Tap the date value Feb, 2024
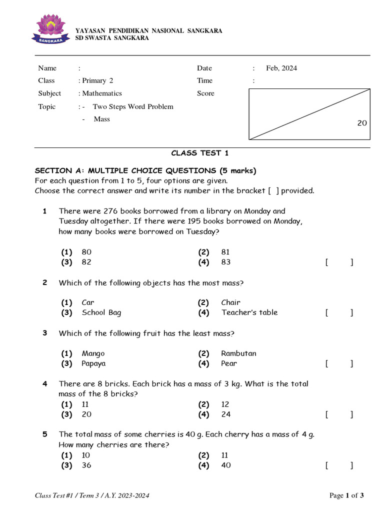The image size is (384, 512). coord(281,68)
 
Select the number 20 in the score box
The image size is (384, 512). coord(362,123)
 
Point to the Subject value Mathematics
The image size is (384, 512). coord(101,93)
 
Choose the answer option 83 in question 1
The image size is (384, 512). coord(225,262)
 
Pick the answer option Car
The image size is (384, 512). coord(88,302)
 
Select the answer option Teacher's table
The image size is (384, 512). coord(249,312)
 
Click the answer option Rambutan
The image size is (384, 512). coord(238,353)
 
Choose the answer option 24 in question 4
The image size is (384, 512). coord(226,414)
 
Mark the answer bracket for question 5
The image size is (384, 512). coord(339,465)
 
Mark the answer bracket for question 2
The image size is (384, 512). coord(339,312)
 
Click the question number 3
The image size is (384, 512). coord(45,333)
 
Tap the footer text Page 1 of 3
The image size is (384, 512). coord(346,495)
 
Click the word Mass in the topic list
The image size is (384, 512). coord(101,119)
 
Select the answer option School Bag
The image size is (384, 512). coord(101,312)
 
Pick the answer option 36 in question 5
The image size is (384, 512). coord(86,465)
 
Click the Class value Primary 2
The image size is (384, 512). coord(97,80)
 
